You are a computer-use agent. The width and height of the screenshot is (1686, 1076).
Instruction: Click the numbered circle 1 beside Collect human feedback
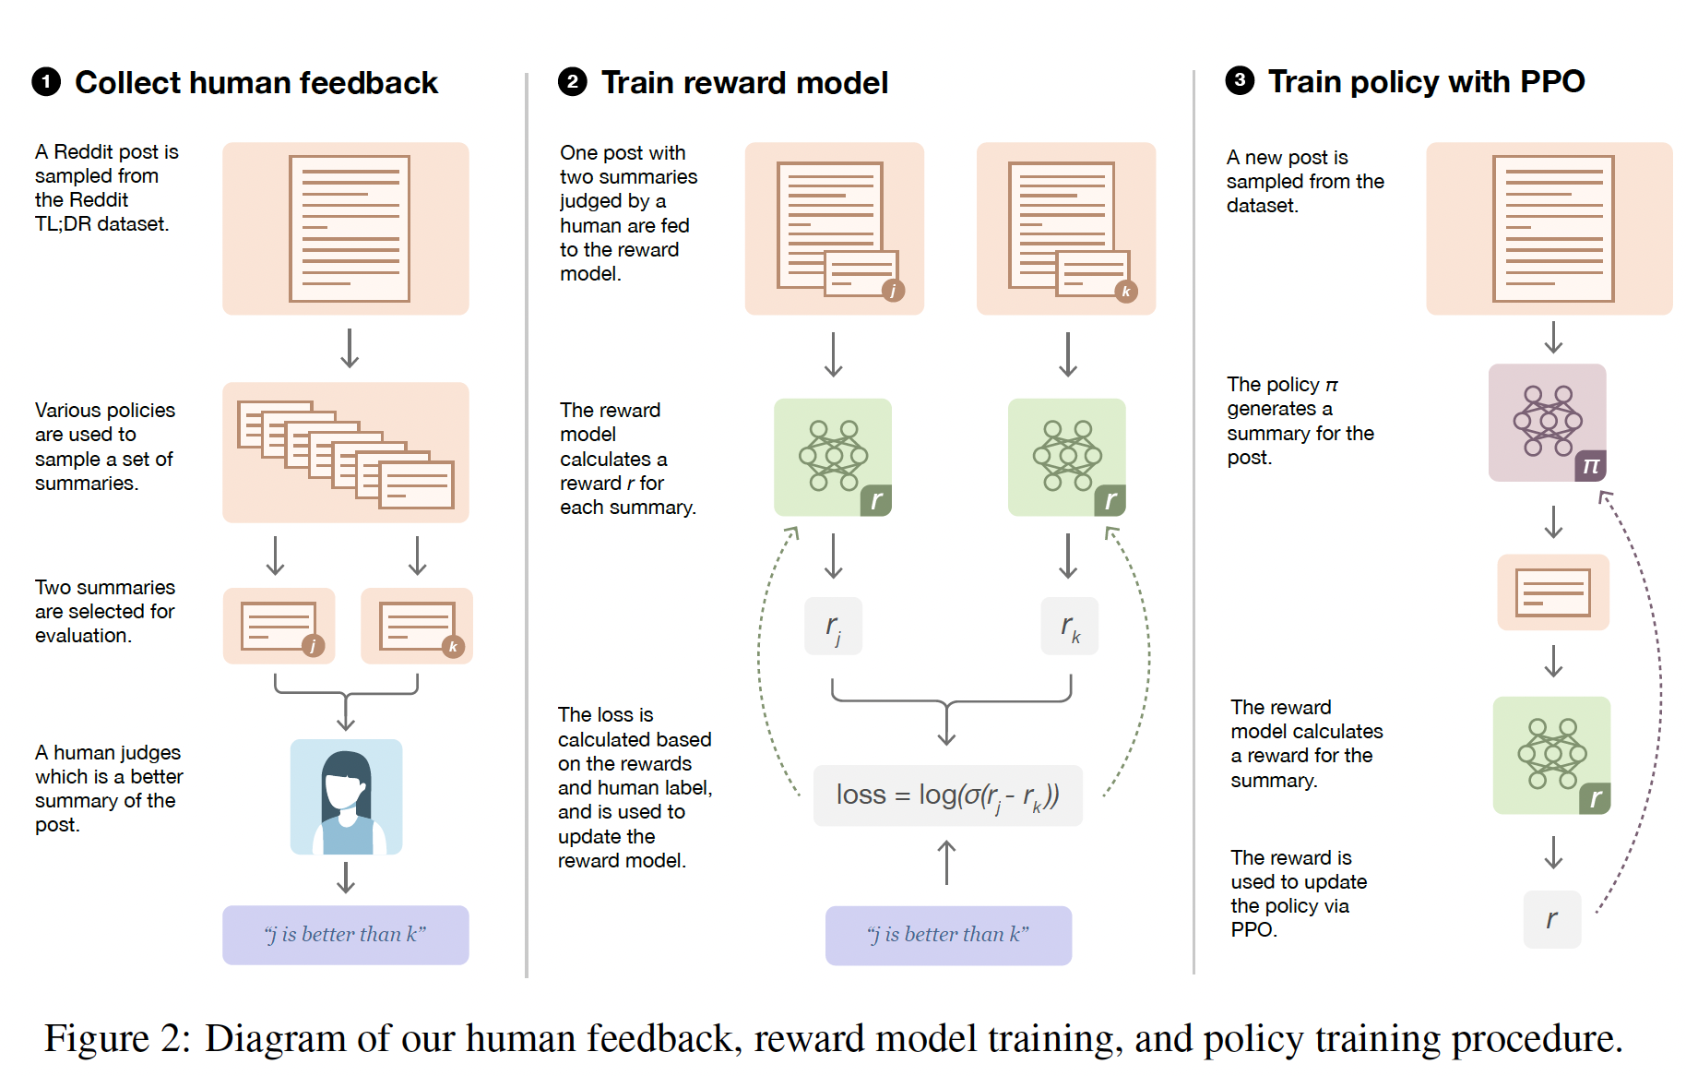46,82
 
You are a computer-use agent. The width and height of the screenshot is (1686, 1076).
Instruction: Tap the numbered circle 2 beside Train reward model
573,82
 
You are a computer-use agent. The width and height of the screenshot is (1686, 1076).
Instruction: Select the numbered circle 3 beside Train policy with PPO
1240,80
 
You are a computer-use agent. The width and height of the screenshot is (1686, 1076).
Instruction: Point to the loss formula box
947,795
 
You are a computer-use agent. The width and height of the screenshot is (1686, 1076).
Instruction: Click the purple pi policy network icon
1548,423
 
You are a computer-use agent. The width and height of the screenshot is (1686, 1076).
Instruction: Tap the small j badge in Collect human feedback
314,646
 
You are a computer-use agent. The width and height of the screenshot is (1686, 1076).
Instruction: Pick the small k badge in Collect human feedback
453,646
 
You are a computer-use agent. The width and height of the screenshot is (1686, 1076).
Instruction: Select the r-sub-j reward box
834,627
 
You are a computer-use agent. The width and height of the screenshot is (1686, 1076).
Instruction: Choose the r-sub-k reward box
1069,627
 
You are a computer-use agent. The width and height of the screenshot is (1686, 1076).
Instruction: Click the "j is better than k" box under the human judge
345,935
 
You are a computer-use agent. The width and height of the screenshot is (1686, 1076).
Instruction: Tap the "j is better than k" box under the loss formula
948,935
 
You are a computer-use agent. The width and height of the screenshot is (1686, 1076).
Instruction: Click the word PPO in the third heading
1552,81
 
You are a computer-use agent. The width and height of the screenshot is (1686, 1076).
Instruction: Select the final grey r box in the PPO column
1552,919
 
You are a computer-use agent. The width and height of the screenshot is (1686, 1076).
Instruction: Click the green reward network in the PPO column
1552,755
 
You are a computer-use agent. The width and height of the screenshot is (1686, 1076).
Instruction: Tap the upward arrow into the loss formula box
947,862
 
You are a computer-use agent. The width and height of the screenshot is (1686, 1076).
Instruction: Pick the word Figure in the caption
96,1039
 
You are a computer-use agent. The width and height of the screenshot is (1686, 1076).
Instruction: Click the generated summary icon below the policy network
1553,592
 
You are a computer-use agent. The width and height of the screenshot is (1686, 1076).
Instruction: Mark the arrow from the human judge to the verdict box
346,878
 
